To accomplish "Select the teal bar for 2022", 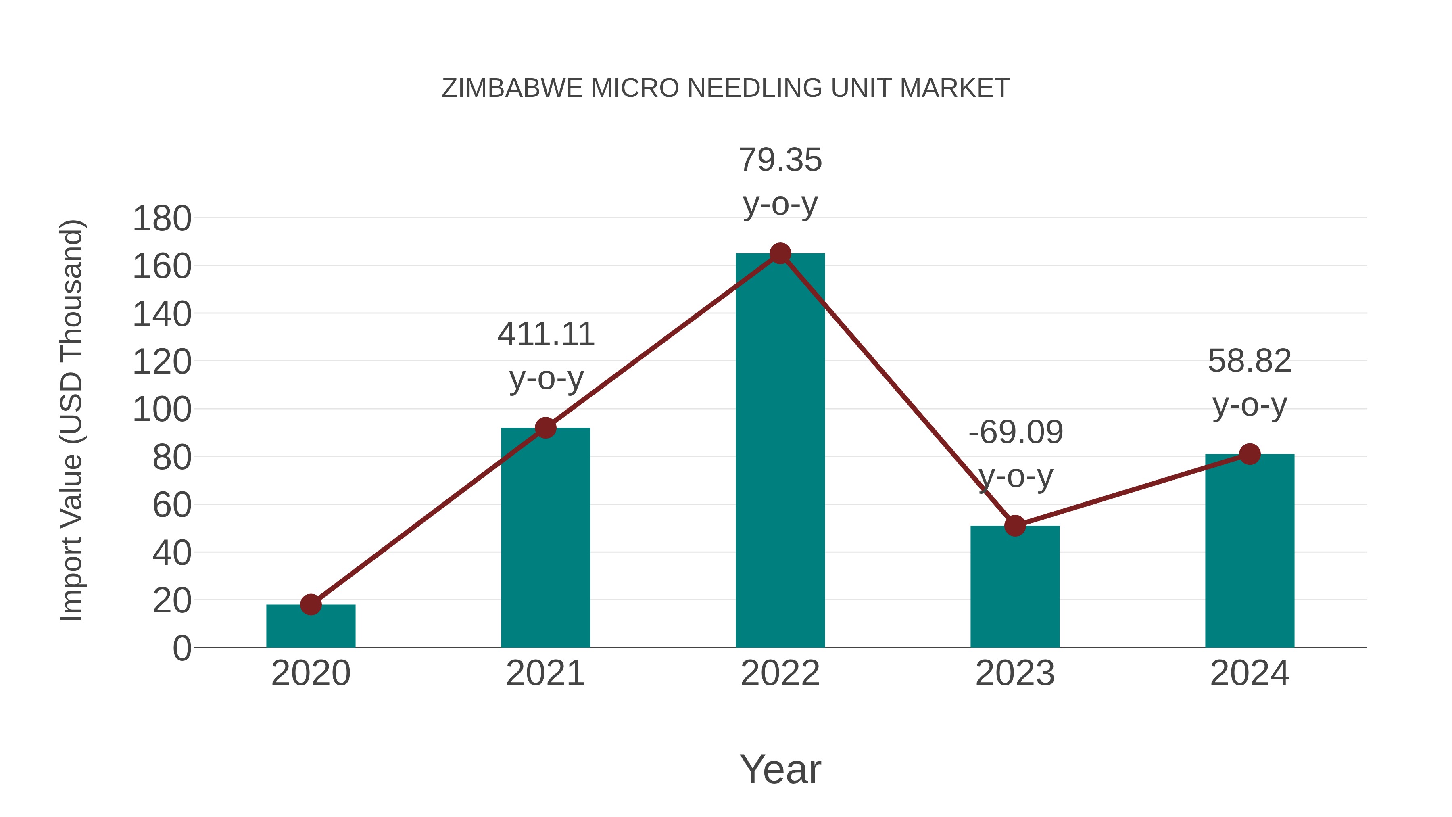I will (x=780, y=451).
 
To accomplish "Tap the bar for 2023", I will (x=1015, y=586).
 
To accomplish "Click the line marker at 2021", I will (x=546, y=428).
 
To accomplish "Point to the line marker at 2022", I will (x=780, y=254).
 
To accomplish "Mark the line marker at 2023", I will (x=1015, y=525).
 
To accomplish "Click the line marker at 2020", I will (x=311, y=604).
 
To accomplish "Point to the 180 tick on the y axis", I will (x=162, y=219).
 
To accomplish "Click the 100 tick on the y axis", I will (x=162, y=410).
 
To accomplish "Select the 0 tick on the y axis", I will (x=181, y=648).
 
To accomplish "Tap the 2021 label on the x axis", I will (x=546, y=673).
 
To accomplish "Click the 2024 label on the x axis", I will (x=1250, y=673).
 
